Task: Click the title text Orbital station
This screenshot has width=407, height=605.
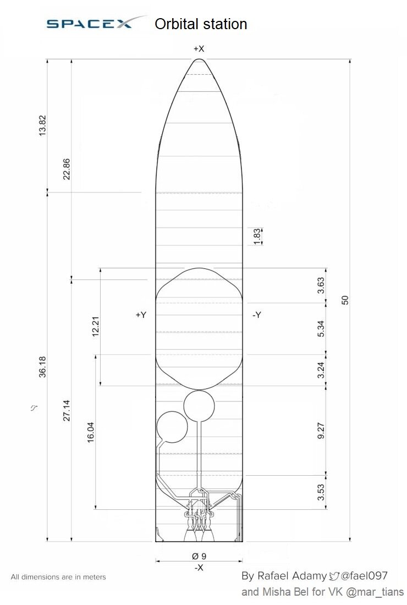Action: (201, 24)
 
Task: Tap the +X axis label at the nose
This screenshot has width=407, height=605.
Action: (199, 48)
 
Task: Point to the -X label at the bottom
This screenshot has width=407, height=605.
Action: (199, 568)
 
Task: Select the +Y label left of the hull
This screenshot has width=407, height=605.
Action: (141, 315)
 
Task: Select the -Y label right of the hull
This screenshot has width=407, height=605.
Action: (257, 315)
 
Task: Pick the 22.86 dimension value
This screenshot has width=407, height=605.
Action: (67, 169)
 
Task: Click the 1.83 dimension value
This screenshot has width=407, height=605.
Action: (257, 237)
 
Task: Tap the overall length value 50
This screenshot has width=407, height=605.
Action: (345, 300)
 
